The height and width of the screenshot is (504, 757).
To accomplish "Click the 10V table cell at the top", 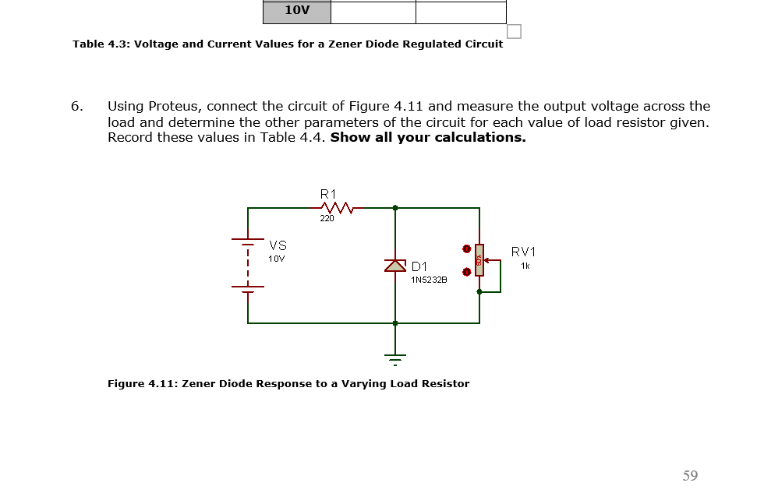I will coord(297,11).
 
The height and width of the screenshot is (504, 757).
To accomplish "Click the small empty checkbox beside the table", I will coord(514,31).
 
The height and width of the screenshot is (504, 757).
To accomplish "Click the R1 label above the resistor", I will coord(328,192).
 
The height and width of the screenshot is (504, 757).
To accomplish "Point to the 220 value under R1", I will coord(327,219).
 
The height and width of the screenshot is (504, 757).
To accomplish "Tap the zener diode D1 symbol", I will coord(395,266).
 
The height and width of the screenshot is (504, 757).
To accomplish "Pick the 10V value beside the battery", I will coord(277,258).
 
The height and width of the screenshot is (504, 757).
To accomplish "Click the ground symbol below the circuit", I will coord(395,359).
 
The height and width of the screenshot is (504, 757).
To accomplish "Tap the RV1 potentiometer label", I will coord(523,252).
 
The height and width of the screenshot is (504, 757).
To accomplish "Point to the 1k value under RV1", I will coord(525,266).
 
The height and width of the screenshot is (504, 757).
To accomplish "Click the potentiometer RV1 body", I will coord(479,260).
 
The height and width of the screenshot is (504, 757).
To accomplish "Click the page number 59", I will coord(690,475).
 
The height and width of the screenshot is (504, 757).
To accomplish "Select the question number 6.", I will coord(76,106).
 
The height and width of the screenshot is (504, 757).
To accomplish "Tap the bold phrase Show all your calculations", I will coord(428,138).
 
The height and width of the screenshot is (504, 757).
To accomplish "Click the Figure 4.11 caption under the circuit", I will coord(288,383).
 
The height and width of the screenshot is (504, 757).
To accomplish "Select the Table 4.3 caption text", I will coord(288,44).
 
